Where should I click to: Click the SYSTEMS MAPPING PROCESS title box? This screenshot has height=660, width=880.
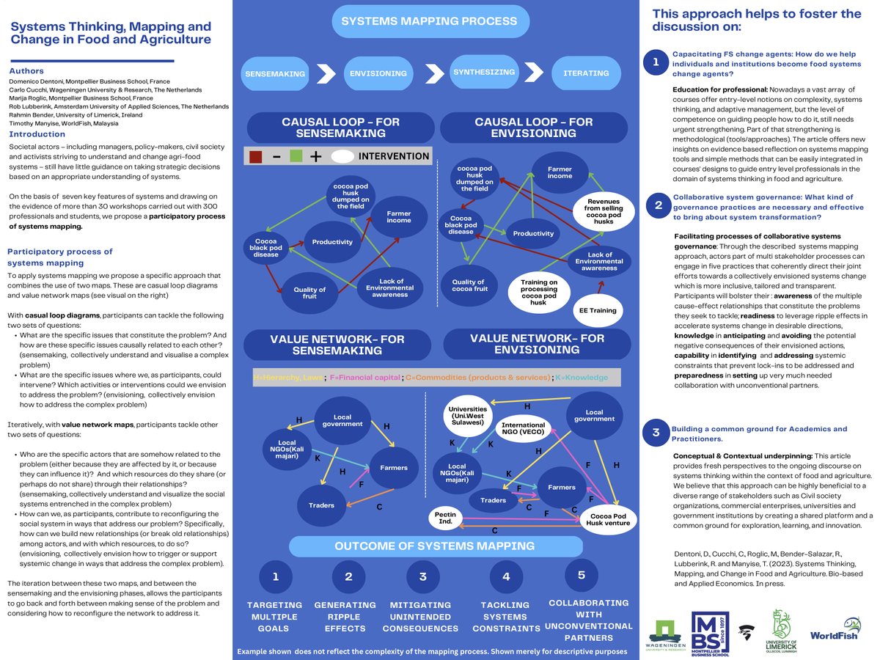click(x=429, y=21)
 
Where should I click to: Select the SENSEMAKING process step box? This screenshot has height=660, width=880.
click(x=275, y=73)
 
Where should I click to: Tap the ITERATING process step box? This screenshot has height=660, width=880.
click(x=584, y=73)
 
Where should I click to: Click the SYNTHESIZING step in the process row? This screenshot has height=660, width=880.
click(x=479, y=72)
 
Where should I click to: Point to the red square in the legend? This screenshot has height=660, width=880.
click(x=255, y=156)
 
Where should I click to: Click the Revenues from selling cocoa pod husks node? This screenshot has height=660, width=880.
click(x=603, y=211)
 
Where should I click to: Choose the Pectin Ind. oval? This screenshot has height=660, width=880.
click(x=446, y=518)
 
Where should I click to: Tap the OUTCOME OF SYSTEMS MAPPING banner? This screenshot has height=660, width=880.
click(x=436, y=546)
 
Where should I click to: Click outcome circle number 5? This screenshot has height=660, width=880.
click(x=582, y=575)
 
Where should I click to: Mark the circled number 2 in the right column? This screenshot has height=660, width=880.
click(x=654, y=206)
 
